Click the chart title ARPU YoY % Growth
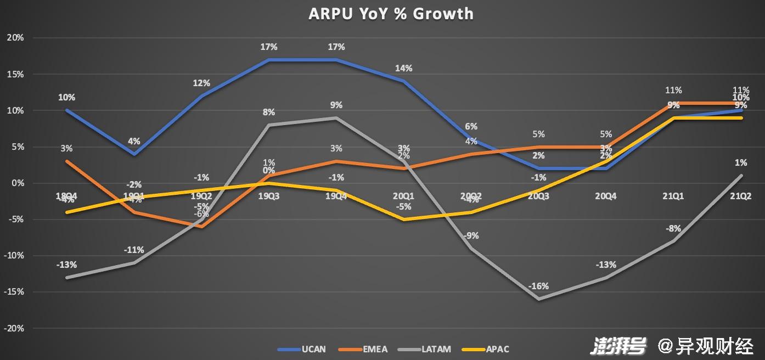coord(391,14)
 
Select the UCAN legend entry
coord(313,349)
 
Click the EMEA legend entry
coord(375,349)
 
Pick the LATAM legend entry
coord(437,349)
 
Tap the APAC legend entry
coord(497,349)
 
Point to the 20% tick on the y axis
coord(15,38)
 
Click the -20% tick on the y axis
coord(14,328)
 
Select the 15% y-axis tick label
coord(15,74)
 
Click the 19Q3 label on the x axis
coord(269,196)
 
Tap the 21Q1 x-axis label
coord(673,196)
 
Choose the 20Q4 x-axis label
coord(606,196)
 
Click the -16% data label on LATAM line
coord(538,286)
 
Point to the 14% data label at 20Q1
coord(404,69)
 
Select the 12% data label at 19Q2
coord(201,83)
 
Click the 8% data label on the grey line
coord(269,113)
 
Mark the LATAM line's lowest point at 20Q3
coord(538,299)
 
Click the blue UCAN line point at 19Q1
coord(134,154)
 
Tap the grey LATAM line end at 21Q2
coord(741,176)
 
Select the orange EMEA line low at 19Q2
coord(201,227)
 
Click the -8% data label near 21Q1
coord(673,228)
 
